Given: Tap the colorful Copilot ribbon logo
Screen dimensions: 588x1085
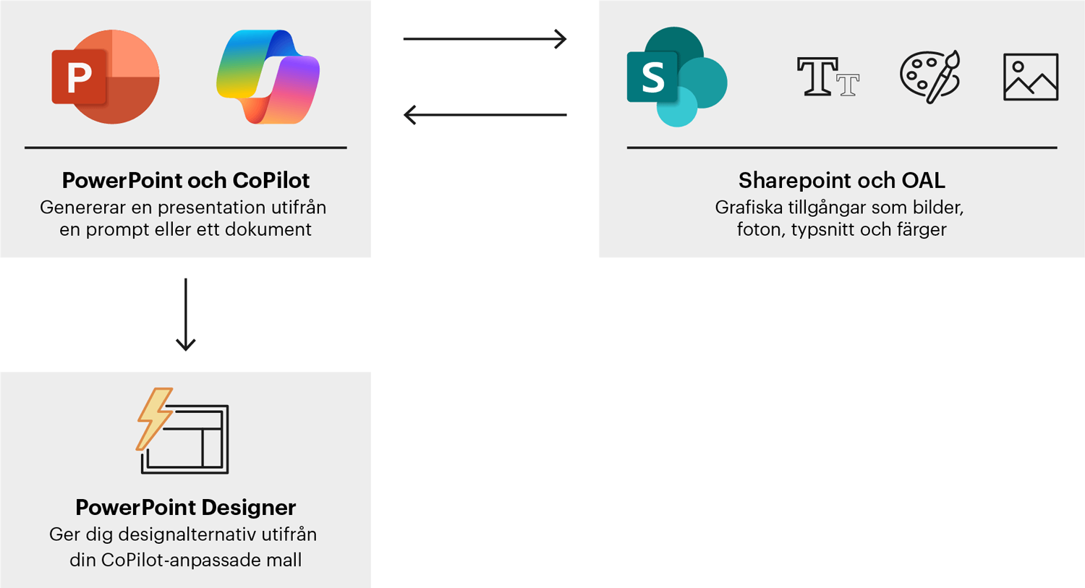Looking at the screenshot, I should pos(268,77).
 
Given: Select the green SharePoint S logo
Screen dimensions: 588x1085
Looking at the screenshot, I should pos(676,77).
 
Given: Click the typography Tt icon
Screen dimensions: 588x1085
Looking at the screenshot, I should pos(827,77).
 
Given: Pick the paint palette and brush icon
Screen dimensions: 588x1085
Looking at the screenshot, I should pos(930,76).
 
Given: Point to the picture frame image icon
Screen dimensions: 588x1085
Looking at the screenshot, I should pos(1031,77).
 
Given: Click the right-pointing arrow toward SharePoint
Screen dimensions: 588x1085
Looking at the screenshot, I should pos(485,38).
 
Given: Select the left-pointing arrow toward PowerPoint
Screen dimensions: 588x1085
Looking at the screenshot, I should pos(485,114).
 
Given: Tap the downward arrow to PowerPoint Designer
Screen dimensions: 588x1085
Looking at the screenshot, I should pos(186,315).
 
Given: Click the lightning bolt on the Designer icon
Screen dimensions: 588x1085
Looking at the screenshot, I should pos(154,418).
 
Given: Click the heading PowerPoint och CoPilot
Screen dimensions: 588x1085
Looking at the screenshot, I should pos(186,180).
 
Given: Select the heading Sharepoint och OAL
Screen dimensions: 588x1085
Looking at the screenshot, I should pos(841,180).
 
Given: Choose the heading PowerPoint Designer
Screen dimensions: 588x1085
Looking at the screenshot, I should pos(186,507).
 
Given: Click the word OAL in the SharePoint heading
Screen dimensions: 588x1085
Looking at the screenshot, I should pos(922,180).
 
